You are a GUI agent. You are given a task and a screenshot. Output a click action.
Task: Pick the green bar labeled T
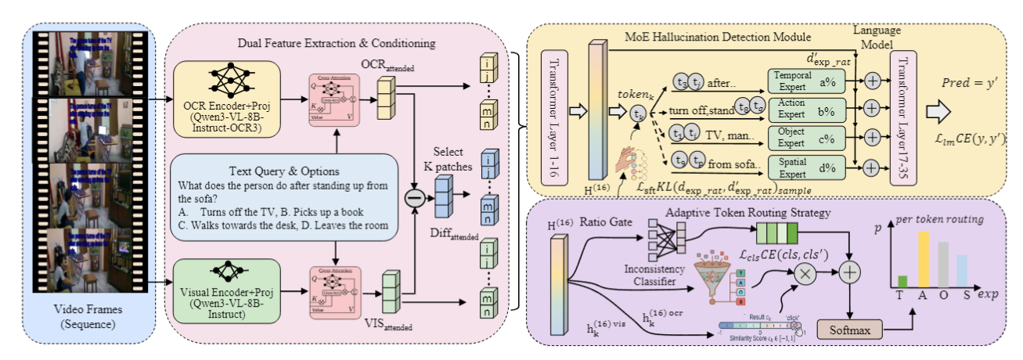coord(902,281)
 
